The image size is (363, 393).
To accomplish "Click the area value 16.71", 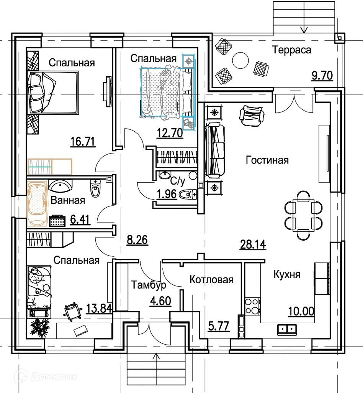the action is (x=83, y=142).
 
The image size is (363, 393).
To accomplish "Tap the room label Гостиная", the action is (x=267, y=160).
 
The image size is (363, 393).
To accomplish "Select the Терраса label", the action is (x=292, y=50).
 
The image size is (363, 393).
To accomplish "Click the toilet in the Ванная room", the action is (x=95, y=188).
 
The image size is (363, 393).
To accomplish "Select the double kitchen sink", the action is (x=287, y=329).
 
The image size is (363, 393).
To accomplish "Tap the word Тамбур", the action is (x=149, y=285).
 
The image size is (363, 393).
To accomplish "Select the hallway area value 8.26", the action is (x=137, y=241).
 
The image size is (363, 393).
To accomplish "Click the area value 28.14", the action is (x=253, y=244).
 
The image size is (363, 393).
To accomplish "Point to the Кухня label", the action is (x=287, y=275).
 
